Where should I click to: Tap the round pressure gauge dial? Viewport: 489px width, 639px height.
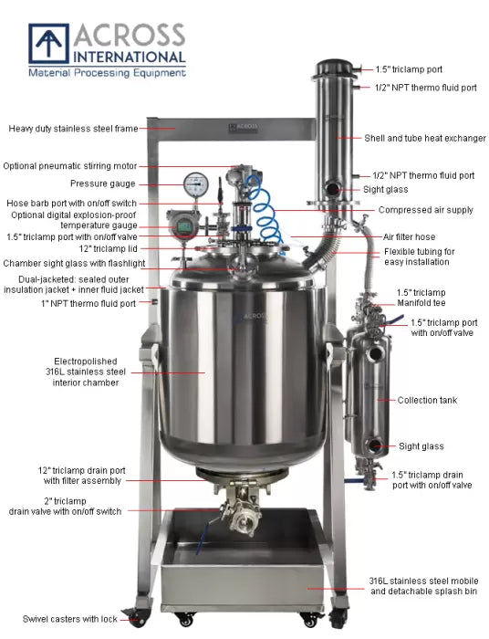click(x=194, y=184)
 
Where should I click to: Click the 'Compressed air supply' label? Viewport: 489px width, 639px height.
click(x=426, y=210)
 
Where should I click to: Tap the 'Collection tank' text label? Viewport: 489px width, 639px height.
click(x=427, y=400)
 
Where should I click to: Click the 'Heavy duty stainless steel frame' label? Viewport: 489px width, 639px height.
click(x=74, y=129)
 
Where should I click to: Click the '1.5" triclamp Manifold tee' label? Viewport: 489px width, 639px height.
click(x=421, y=298)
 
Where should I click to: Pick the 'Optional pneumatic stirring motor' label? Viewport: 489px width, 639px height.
click(x=70, y=166)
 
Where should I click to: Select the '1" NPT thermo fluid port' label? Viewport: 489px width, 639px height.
click(x=90, y=303)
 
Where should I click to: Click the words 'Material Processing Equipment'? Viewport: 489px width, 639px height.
click(x=106, y=72)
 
